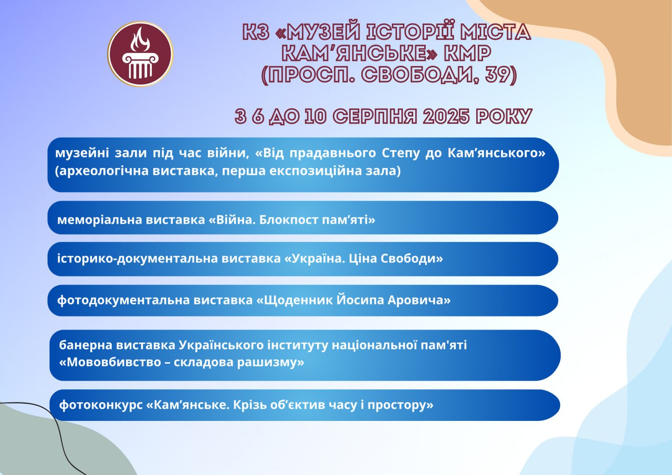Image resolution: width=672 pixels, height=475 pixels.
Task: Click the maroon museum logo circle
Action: pyautogui.click(x=140, y=54)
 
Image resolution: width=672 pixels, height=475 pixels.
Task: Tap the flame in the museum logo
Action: pyautogui.click(x=140, y=39)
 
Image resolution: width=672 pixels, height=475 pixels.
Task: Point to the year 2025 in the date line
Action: pyautogui.click(x=446, y=117)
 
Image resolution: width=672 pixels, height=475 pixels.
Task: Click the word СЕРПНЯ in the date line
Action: pyautogui.click(x=375, y=117)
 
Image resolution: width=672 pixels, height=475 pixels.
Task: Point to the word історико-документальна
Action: pyautogui.click(x=138, y=259)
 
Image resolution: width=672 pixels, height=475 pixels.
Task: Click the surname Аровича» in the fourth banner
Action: pyautogui.click(x=419, y=300)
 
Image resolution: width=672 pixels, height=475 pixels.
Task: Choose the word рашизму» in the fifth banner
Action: pyautogui.click(x=270, y=363)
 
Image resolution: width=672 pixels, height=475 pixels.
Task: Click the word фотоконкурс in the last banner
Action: pyautogui.click(x=101, y=405)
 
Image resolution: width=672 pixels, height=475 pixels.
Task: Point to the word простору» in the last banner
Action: pyautogui.click(x=401, y=405)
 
